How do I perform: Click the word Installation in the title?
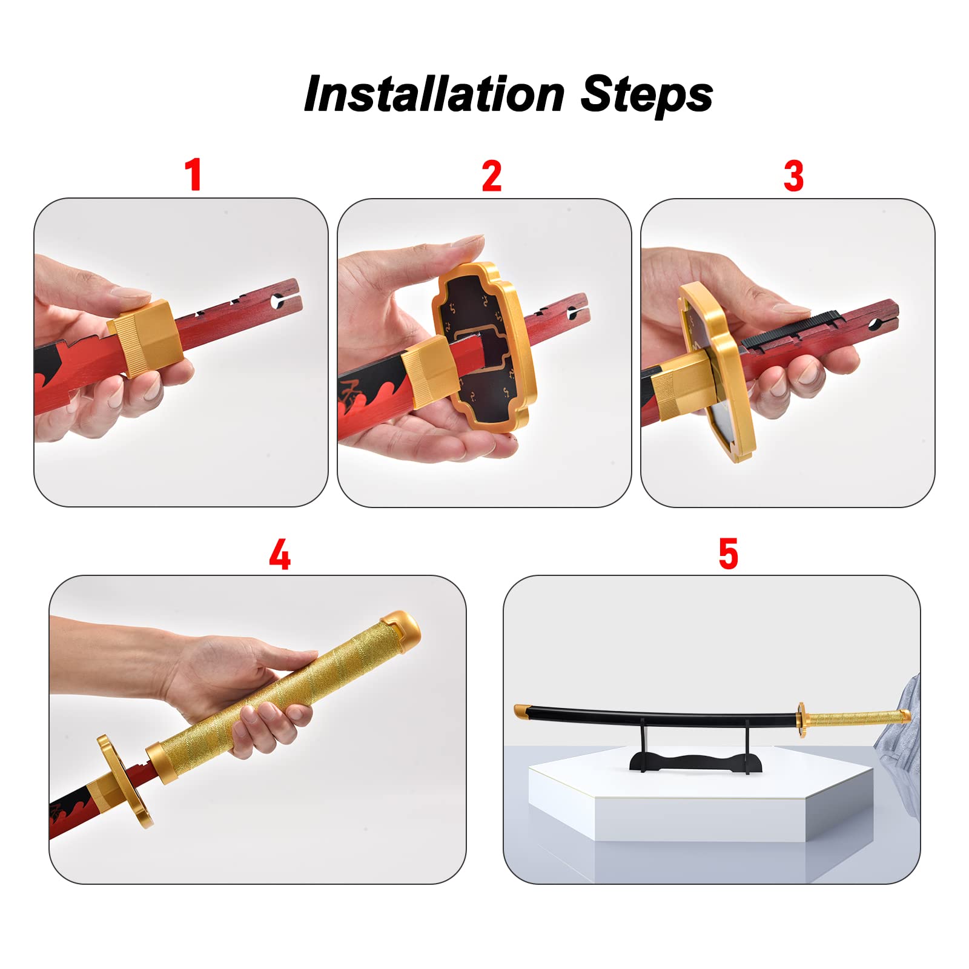[434, 94]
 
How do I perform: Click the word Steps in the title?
[647, 95]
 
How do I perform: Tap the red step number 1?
[193, 175]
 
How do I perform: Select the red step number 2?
[492, 176]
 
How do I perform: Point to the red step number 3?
[793, 176]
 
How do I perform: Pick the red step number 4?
[280, 554]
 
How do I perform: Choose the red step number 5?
[729, 554]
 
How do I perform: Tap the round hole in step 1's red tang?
[278, 299]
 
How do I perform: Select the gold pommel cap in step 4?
[399, 626]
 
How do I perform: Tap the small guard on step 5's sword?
[802, 720]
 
